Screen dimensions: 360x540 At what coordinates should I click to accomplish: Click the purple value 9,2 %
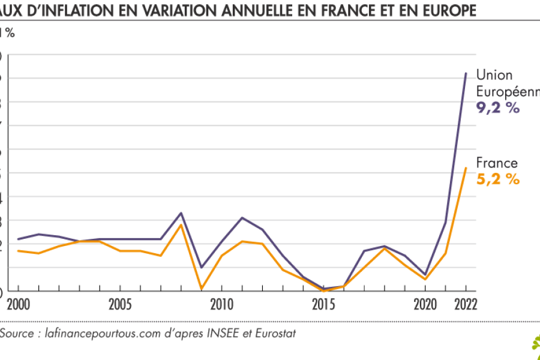[x=497, y=108]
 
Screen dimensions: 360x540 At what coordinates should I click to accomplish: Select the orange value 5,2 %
[x=497, y=179]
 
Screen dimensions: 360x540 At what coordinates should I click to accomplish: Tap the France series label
[x=497, y=163]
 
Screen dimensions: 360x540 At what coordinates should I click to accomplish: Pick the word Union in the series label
[x=494, y=76]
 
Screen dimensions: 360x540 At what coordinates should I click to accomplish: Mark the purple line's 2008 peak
[x=181, y=213]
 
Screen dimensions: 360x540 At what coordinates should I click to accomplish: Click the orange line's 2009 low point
[x=202, y=289]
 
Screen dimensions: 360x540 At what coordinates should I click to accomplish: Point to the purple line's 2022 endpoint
[x=466, y=73]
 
